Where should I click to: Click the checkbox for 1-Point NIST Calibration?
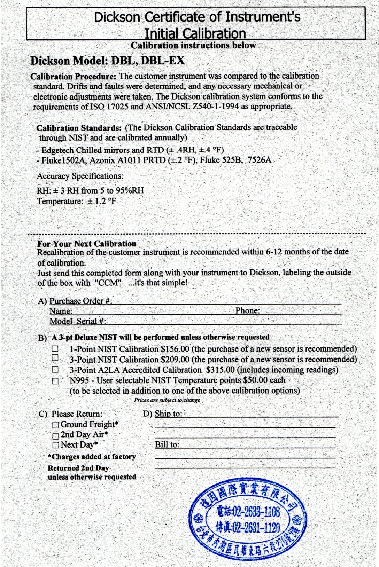tap(55, 348)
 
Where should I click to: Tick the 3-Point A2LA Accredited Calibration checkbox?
tap(55, 369)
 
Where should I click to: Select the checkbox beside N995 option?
tap(55, 381)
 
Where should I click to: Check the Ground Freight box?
tap(55, 425)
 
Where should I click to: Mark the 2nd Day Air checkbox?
tap(55, 436)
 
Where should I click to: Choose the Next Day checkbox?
tap(55, 445)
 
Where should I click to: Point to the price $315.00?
tap(220, 370)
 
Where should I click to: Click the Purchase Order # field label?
tap(80, 301)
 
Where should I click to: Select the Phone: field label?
tap(247, 310)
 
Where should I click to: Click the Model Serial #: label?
tap(77, 321)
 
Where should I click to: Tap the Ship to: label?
tap(168, 414)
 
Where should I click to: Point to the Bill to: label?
tap(167, 444)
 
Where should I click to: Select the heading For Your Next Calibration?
tap(87, 243)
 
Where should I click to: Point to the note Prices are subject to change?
tap(167, 400)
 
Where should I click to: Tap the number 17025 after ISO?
tap(118, 107)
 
